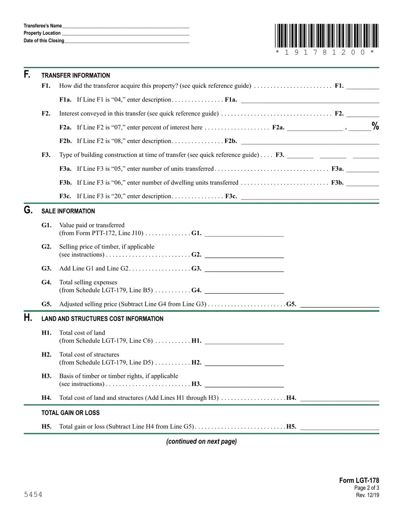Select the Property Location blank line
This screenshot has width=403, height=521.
coord(125,33)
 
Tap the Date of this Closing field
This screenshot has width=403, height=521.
coord(127,41)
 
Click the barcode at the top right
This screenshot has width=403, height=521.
coord(326,36)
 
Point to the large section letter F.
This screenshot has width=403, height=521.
coord(27,75)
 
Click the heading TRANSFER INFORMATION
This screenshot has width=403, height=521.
coord(76,75)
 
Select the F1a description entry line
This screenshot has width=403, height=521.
coord(310,100)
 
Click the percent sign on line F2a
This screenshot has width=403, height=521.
coord(375,126)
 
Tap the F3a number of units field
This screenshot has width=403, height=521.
coord(363,169)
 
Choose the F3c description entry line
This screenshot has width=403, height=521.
coord(310,197)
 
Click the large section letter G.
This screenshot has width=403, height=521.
coord(28,210)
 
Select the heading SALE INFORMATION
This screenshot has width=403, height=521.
coord(68,211)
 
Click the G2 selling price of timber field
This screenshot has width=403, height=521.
coord(244,255)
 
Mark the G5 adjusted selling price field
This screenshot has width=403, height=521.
coord(339,304)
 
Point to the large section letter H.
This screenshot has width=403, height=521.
coord(28,318)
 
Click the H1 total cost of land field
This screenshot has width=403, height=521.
coord(244,341)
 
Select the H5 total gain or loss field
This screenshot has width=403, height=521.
coord(339,427)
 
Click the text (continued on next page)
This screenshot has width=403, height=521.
coord(201,441)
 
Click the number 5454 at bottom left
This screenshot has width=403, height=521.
coord(33,495)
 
